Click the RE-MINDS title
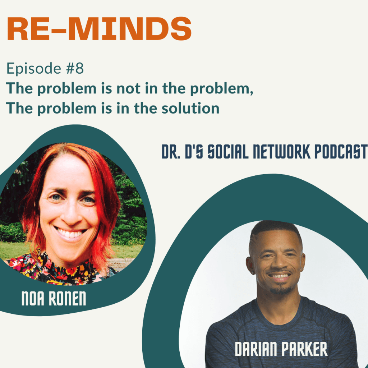click(x=99, y=29)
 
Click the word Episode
click(x=34, y=68)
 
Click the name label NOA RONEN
click(x=54, y=298)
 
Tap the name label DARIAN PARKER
click(x=281, y=349)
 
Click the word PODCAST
click(x=341, y=152)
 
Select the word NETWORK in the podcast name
click(x=281, y=152)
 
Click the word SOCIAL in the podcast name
click(x=228, y=152)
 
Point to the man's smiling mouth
click(x=280, y=276)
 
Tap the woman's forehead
click(x=68, y=171)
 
